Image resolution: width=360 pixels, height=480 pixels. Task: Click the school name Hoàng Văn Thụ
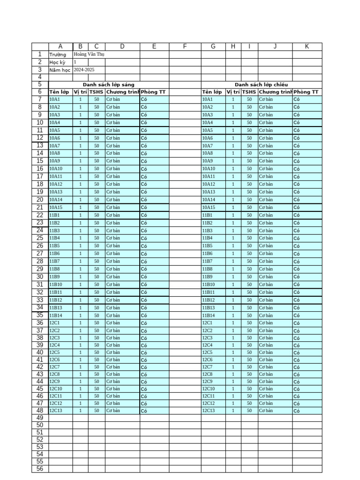(89, 54)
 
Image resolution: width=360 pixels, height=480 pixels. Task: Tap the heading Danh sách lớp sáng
(108, 84)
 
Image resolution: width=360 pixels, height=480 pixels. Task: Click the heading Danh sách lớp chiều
(261, 84)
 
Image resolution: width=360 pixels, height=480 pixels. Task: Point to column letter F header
(185, 46)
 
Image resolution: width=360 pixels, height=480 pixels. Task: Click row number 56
(40, 469)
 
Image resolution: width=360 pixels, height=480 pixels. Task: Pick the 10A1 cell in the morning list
(55, 99)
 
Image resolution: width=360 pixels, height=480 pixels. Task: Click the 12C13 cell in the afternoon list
(209, 411)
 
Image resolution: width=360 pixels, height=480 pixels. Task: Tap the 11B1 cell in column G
(207, 215)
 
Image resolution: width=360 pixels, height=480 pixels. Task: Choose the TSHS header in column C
(97, 92)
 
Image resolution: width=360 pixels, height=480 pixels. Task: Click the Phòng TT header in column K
(306, 92)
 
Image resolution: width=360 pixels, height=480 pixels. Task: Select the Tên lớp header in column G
(212, 92)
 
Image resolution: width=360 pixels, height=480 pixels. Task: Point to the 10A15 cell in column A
(56, 207)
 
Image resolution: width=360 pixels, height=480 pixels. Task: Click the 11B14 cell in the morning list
(56, 315)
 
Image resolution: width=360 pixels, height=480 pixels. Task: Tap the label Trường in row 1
(58, 54)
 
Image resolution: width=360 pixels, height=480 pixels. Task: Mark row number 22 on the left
(40, 215)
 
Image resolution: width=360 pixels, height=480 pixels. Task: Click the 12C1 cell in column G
(207, 323)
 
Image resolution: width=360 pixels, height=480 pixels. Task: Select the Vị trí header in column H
(233, 92)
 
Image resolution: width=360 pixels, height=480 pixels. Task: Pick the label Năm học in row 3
(60, 69)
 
